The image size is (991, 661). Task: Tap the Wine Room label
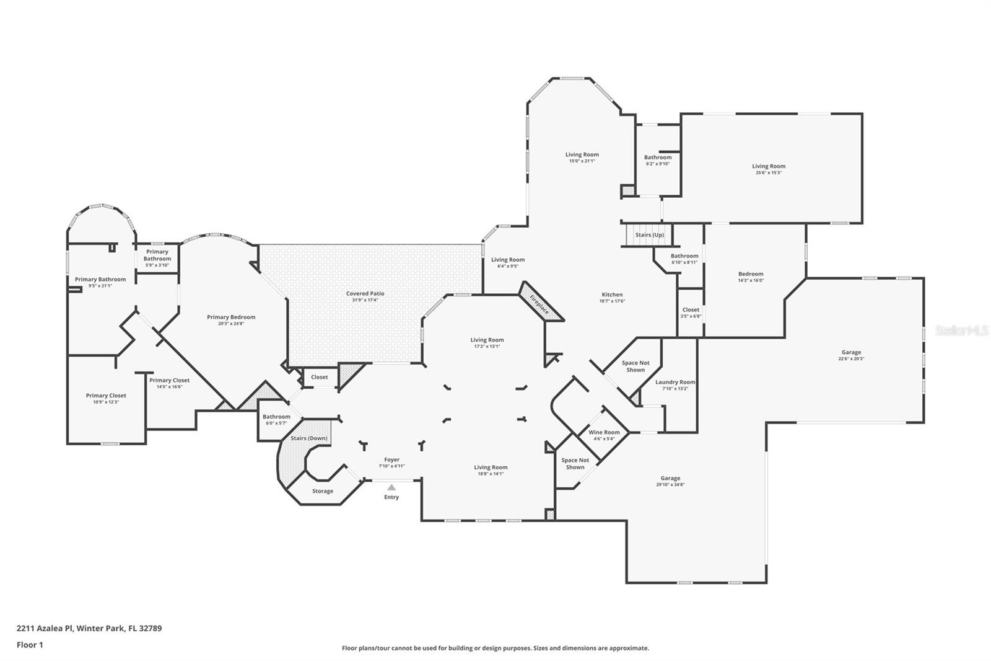click(x=604, y=432)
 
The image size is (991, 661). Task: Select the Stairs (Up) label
click(x=649, y=235)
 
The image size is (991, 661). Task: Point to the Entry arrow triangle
click(x=391, y=487)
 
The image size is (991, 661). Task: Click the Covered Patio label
click(x=365, y=293)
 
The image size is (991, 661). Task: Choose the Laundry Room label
click(x=675, y=382)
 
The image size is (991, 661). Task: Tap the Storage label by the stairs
click(x=322, y=491)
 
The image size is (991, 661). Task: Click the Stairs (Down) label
click(x=309, y=438)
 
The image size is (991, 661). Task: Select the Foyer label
click(x=391, y=459)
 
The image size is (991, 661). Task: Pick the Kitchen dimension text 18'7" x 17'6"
click(x=612, y=301)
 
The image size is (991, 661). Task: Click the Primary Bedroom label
click(x=231, y=317)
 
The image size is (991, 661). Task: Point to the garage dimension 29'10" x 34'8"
click(x=670, y=485)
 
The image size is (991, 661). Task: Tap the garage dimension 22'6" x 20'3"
click(x=851, y=359)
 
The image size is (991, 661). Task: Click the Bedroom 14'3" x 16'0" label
click(x=751, y=273)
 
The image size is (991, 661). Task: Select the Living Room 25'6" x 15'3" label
click(x=769, y=166)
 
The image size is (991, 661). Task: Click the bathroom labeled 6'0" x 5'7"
click(x=276, y=417)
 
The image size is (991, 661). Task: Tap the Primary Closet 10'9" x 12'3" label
click(x=106, y=396)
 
